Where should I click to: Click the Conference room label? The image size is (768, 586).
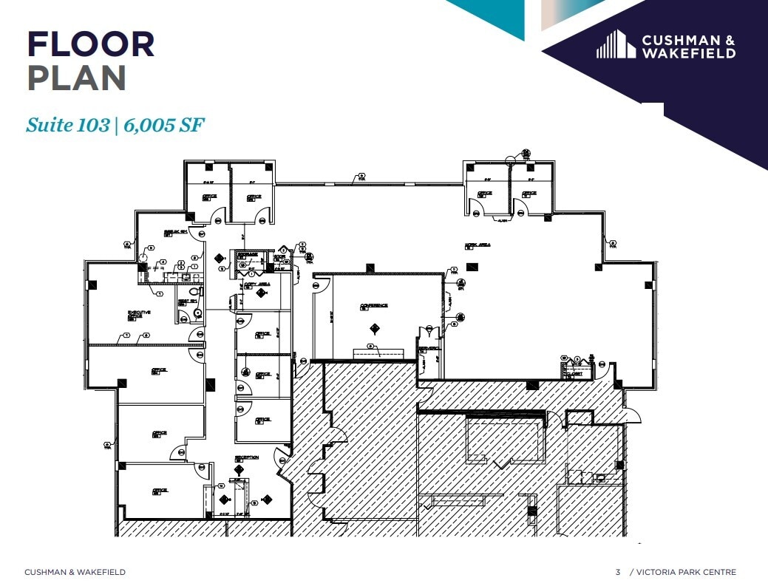pyautogui.click(x=373, y=305)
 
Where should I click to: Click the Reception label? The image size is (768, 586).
pyautogui.click(x=246, y=457)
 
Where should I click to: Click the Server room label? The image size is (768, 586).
pyautogui.click(x=429, y=348)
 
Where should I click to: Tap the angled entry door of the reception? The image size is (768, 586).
pyautogui.click(x=281, y=461)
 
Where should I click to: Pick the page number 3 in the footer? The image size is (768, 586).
pyautogui.click(x=618, y=572)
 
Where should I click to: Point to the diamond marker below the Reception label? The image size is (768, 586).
pyautogui.click(x=239, y=469)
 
